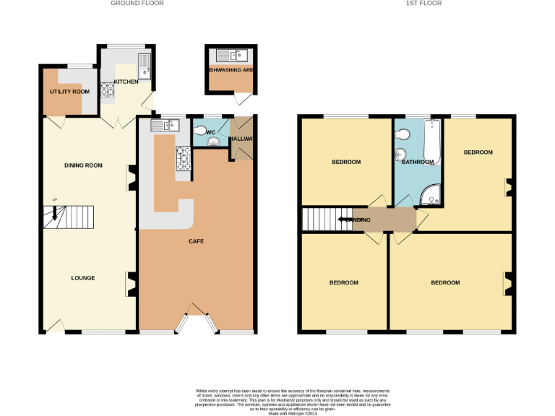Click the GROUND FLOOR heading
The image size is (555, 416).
[137, 4]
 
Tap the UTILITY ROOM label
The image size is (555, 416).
[69, 92]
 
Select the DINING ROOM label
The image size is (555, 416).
[83, 166]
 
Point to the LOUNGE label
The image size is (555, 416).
[83, 278]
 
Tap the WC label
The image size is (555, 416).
[211, 133]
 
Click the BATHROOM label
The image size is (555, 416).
[418, 162]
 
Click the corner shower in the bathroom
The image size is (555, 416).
[432, 194]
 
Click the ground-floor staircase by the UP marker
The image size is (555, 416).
[56, 216]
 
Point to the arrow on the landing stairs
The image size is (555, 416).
[345, 220]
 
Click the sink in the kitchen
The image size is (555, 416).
[145, 65]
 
